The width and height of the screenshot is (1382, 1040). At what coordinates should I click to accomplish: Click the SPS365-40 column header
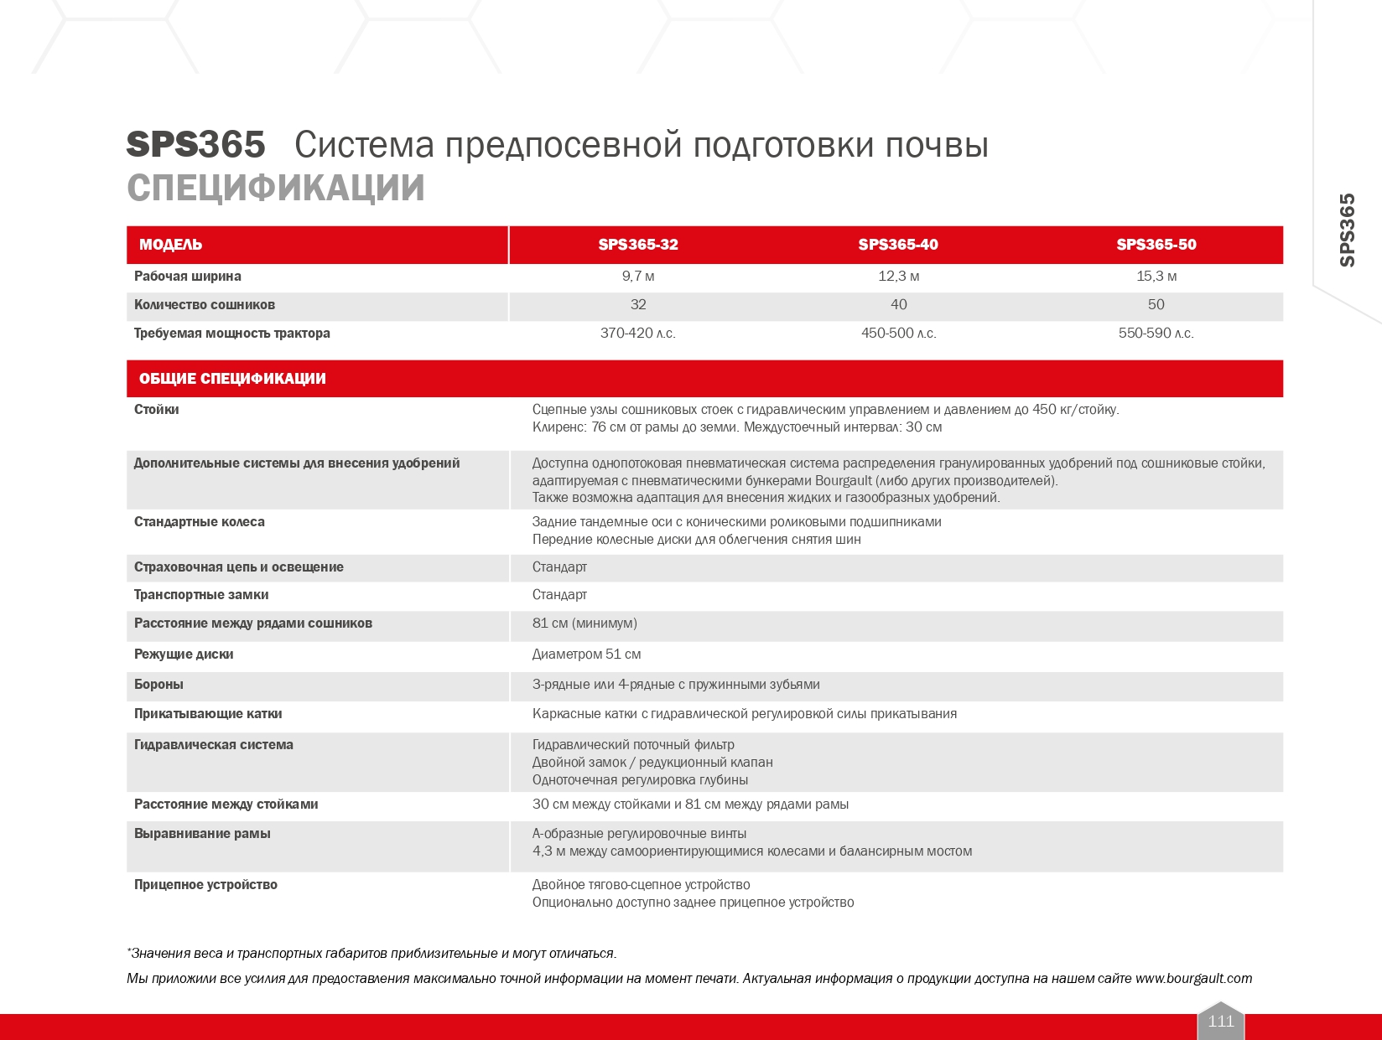898,245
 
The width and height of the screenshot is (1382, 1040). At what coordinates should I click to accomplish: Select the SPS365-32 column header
638,245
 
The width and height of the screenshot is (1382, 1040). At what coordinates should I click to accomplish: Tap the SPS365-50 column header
1156,245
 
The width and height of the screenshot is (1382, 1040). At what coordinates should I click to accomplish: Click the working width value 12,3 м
898,277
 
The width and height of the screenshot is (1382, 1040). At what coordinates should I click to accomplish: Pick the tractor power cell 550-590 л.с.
1156,334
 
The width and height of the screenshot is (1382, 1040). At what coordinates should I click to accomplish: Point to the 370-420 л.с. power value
637,334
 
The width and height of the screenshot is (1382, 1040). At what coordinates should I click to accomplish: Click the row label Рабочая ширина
188,277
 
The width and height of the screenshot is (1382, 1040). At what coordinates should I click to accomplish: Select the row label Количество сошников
205,305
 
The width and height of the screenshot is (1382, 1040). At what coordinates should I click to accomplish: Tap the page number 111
1221,1022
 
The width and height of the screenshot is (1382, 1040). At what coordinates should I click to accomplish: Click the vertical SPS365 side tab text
1347,230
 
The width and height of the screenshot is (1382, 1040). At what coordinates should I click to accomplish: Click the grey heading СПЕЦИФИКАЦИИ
276,189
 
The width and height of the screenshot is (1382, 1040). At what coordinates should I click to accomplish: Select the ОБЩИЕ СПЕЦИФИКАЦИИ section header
232,379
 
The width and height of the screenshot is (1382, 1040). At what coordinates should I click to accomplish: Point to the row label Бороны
158,685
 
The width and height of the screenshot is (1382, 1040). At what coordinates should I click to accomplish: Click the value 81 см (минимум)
584,623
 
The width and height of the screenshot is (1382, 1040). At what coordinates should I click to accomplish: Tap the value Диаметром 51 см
586,655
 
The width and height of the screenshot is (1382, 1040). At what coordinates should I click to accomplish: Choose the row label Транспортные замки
201,595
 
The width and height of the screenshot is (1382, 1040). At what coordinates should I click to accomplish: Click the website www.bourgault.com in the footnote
1193,979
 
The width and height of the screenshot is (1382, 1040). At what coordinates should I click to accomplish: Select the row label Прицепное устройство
205,885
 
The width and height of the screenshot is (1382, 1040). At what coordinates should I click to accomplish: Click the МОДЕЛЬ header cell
170,245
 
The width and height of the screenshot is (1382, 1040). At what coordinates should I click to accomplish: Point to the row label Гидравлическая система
214,745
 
